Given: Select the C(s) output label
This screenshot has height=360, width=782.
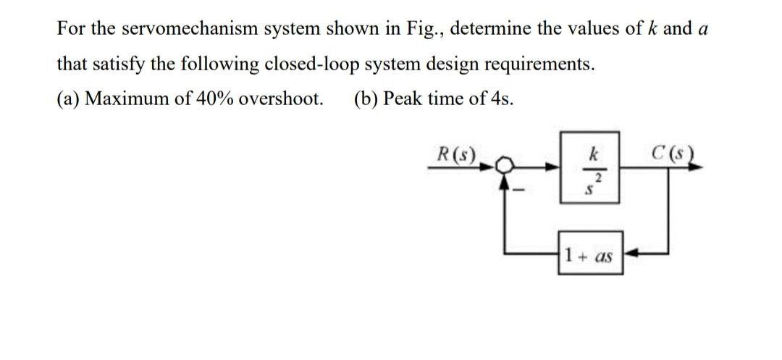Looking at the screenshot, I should click(671, 154).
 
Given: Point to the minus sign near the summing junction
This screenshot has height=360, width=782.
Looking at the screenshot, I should click(517, 191).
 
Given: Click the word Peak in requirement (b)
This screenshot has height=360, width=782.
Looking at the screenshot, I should click(402, 99).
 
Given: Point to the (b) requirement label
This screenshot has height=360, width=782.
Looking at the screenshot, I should click(366, 99).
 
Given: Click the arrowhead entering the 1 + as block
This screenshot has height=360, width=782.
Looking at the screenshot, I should click(630, 255).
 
